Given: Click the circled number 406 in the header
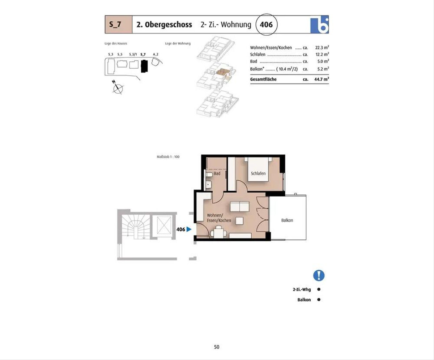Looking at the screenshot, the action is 266,25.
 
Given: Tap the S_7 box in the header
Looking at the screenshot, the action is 119,24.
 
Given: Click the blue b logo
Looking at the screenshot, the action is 319,25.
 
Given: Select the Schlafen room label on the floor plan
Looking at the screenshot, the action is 258,173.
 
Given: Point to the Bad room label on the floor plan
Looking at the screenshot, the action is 217,173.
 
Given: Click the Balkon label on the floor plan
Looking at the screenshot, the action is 287,220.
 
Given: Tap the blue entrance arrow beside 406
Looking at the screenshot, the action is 189,229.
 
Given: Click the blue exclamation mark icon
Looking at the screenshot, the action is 319,275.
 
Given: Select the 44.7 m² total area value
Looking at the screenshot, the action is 322,79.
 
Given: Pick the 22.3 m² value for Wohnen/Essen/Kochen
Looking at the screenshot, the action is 322,47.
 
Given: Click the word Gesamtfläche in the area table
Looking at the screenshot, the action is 263,79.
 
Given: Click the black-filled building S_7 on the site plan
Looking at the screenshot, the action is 144,66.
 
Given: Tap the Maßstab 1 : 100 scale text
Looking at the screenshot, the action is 168,157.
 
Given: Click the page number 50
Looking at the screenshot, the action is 217,347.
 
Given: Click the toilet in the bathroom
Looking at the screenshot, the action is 209,174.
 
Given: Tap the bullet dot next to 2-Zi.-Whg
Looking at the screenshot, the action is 319,289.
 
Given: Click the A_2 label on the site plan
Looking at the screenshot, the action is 156,54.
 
